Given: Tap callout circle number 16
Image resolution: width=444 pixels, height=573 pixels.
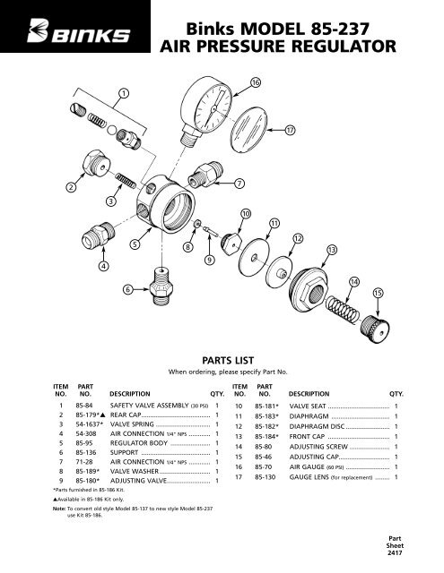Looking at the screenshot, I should (x=256, y=83).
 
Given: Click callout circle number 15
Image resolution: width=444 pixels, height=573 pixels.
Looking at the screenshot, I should (x=378, y=293).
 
